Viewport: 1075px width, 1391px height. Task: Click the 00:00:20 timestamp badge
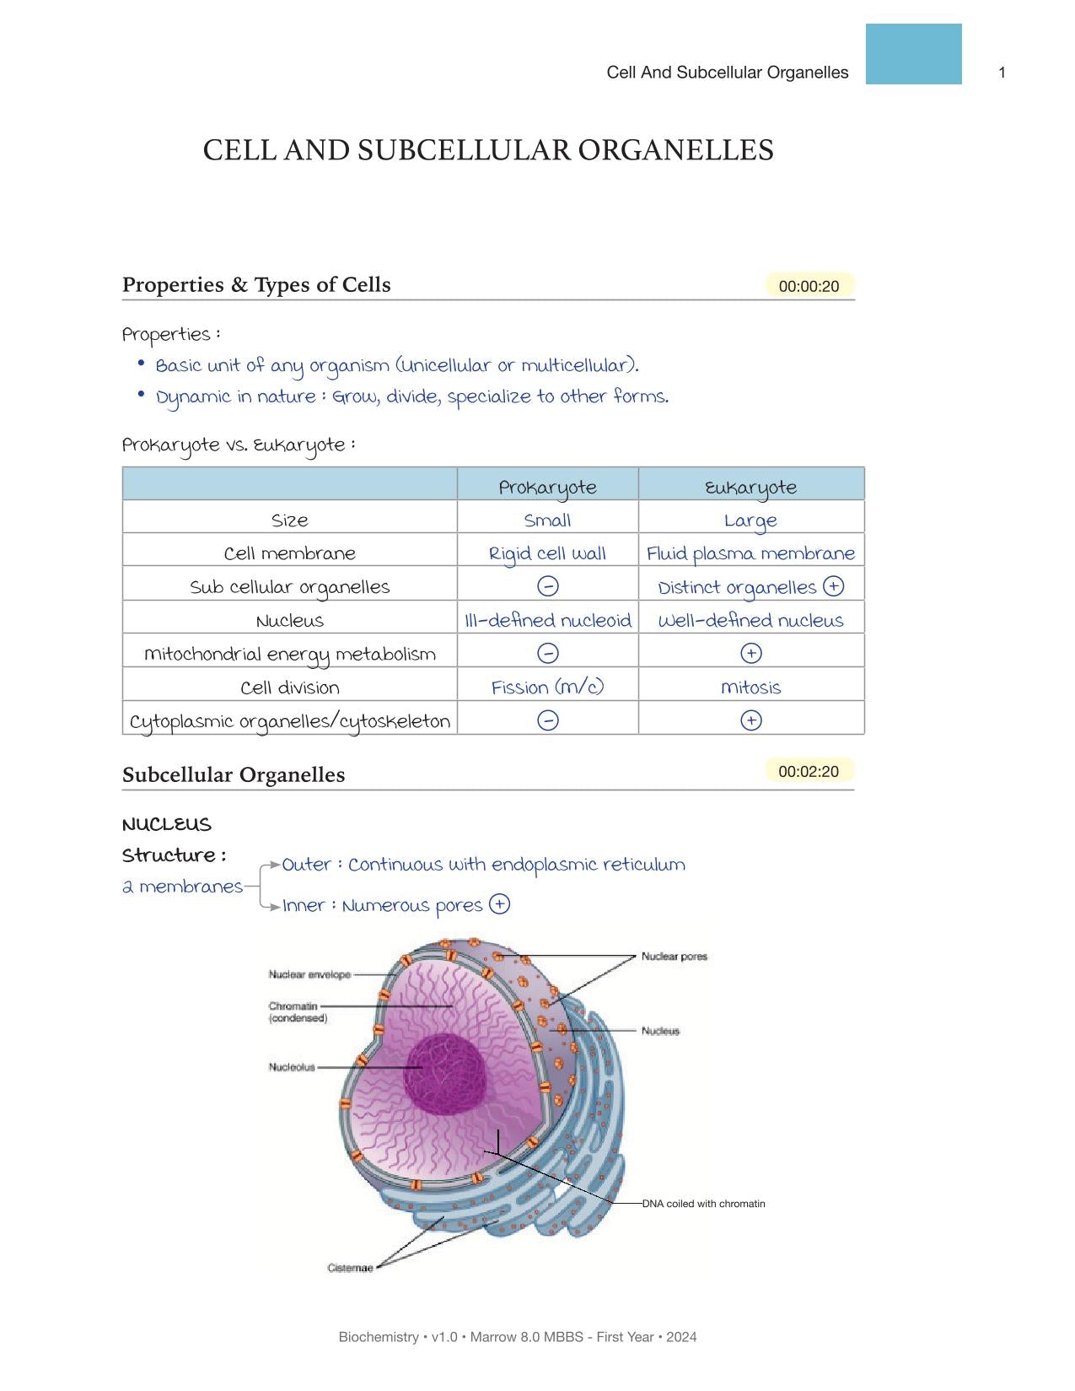tap(809, 286)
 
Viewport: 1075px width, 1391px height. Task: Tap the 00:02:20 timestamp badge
tap(809, 771)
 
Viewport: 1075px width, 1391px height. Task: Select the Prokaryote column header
tap(547, 487)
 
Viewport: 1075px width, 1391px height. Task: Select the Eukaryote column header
tap(750, 487)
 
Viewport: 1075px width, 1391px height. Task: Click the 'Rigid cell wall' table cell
tap(547, 553)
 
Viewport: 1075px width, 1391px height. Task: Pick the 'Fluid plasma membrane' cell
tap(750, 553)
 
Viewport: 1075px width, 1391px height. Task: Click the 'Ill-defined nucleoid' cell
tap(547, 620)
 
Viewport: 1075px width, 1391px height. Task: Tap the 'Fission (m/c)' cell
tap(547, 687)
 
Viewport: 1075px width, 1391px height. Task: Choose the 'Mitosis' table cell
tap(750, 687)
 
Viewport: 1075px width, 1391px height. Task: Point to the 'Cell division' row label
tap(289, 687)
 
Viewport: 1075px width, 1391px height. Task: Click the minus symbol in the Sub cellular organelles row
tap(547, 586)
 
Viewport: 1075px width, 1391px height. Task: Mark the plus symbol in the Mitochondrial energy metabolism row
tap(750, 653)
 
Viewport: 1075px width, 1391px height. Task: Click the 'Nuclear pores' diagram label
tap(674, 956)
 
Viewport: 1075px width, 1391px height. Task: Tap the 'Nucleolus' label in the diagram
tap(292, 1067)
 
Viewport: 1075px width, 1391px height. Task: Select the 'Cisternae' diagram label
tap(350, 1268)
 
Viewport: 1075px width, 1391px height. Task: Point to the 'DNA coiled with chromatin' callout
tap(703, 1204)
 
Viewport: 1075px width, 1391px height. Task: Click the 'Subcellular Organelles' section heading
tap(234, 774)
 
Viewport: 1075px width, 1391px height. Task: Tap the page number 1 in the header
tap(1002, 73)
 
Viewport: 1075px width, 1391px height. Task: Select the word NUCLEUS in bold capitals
tap(166, 824)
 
